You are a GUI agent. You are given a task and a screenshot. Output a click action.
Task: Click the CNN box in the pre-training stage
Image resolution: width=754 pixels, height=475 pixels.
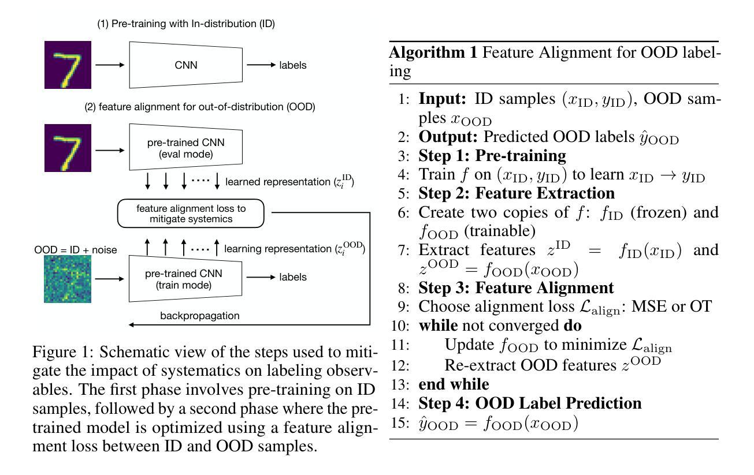[x=186, y=65]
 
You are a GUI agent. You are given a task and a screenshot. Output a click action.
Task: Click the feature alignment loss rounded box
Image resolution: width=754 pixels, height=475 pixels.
[x=191, y=213]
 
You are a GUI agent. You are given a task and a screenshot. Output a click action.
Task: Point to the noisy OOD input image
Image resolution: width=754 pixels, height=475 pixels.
[x=68, y=280]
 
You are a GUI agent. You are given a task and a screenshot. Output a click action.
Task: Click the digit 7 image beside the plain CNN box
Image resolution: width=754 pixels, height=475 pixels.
[x=68, y=65]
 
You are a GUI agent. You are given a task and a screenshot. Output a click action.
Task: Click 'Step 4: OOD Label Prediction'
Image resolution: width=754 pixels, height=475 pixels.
[x=529, y=402]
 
